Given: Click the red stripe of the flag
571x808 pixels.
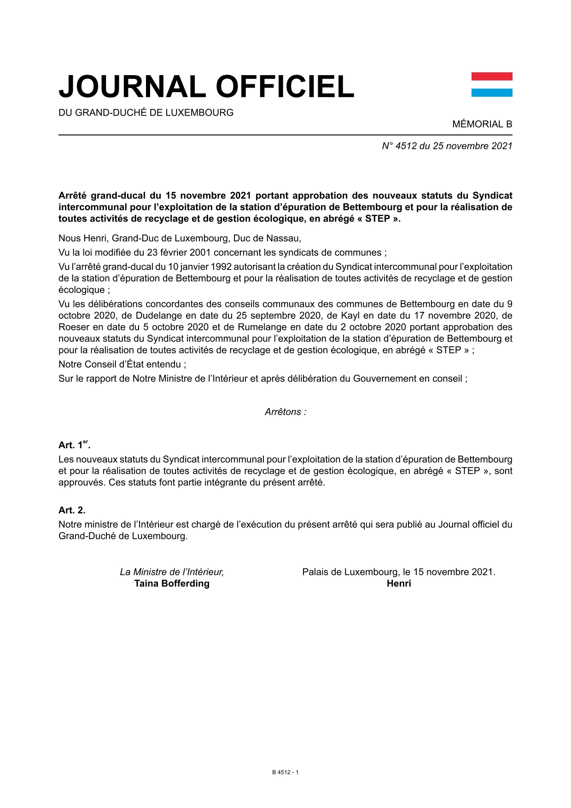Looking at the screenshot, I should [x=491, y=76].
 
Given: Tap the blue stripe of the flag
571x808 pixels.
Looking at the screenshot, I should [x=491, y=93].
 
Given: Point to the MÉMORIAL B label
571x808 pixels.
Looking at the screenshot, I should [x=482, y=124].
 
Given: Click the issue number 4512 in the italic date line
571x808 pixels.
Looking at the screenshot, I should [x=406, y=146].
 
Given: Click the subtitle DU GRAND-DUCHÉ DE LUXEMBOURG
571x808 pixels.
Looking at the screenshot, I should [x=146, y=112].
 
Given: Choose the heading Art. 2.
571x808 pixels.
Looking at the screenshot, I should [x=72, y=510].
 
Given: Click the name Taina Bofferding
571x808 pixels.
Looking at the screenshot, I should [x=172, y=584].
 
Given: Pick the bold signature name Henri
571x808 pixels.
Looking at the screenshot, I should [x=399, y=584].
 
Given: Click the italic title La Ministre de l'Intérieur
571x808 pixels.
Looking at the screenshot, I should [x=172, y=572].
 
